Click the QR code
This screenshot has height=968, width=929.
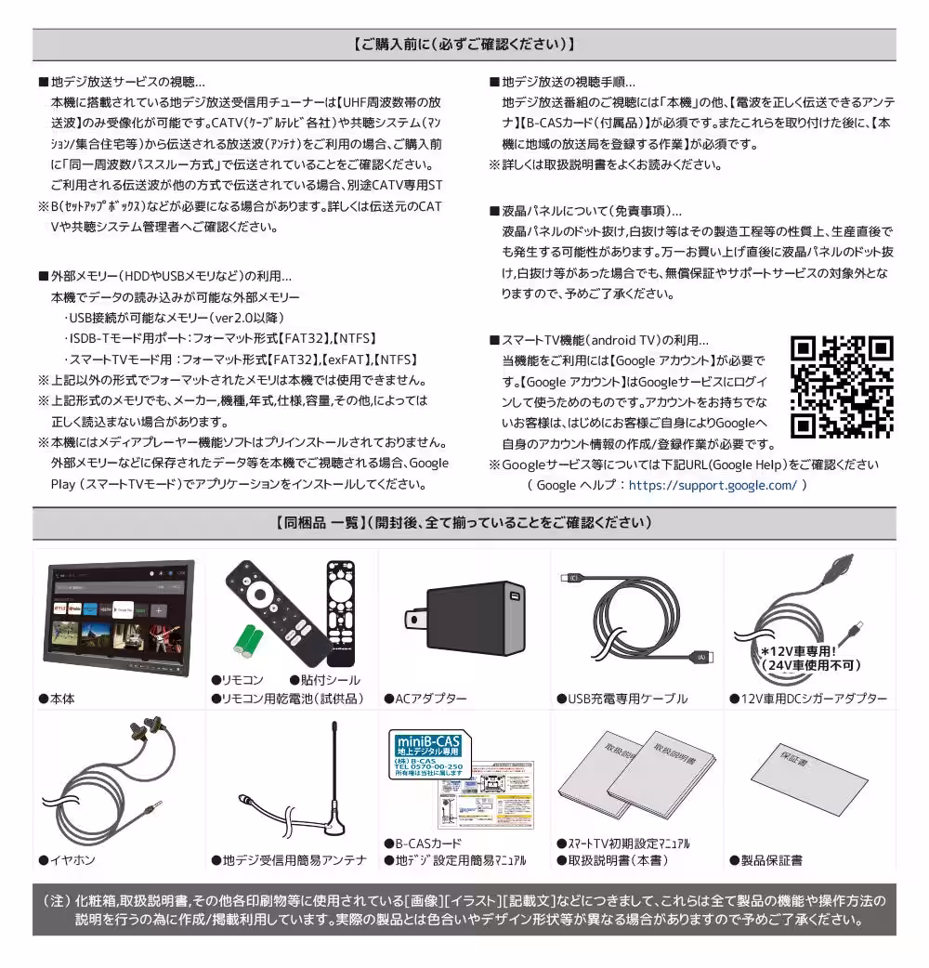[842, 386]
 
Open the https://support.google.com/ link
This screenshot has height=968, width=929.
[712, 485]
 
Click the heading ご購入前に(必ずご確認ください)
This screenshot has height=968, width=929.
[464, 44]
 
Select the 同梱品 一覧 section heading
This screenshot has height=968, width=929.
[464, 523]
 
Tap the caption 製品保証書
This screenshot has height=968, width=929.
[772, 861]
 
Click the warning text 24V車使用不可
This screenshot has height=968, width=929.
[810, 665]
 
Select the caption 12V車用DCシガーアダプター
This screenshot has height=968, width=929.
[814, 699]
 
